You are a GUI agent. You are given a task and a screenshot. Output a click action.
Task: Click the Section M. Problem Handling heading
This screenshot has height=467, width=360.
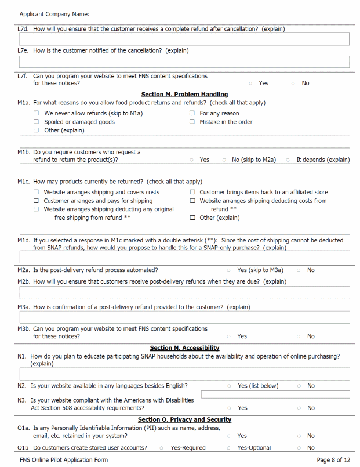[x=184, y=94]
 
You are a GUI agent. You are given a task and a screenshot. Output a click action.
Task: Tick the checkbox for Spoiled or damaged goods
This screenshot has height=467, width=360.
[x=37, y=122]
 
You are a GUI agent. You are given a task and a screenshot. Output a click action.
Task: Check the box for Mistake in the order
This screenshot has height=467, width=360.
[x=192, y=122]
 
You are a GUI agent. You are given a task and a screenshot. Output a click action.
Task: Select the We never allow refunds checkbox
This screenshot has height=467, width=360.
[x=37, y=113]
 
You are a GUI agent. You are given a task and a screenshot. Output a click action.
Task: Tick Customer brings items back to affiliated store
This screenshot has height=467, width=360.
[x=192, y=192]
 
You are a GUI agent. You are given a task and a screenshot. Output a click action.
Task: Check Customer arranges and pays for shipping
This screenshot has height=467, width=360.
[x=37, y=201]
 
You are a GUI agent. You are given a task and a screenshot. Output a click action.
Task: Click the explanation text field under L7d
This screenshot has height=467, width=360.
[x=184, y=39]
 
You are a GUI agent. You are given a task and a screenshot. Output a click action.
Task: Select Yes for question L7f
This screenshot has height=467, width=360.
[x=250, y=83]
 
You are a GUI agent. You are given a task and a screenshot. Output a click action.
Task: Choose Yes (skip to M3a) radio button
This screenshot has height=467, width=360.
[x=229, y=270]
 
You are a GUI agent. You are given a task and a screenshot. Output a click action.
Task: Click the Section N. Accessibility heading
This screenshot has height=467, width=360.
[x=184, y=348]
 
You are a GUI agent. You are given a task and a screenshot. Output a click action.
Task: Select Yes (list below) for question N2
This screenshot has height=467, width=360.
[x=229, y=386]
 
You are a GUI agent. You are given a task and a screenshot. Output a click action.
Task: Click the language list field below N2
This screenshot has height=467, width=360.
[x=275, y=394]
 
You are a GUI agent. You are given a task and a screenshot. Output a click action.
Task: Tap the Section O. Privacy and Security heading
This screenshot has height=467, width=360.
[x=184, y=419]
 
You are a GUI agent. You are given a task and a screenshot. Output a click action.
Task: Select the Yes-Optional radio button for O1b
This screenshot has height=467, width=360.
[x=229, y=448]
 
